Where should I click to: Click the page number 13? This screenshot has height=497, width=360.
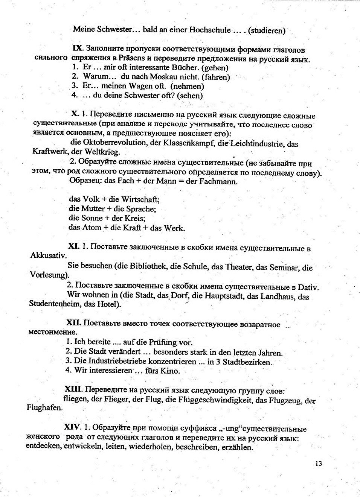(x=319, y=464)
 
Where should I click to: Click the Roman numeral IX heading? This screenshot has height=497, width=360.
(x=77, y=49)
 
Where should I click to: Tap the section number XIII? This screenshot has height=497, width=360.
(x=73, y=389)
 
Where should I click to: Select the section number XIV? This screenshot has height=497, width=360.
(x=72, y=427)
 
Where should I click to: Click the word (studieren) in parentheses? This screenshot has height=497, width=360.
(x=267, y=30)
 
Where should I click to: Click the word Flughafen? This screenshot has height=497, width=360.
(x=44, y=408)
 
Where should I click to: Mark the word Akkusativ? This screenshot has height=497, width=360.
(x=48, y=256)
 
